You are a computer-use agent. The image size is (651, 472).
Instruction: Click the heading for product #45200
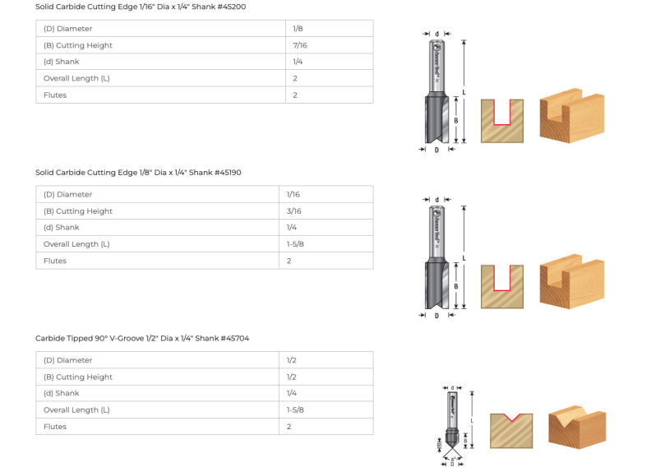pos(140,7)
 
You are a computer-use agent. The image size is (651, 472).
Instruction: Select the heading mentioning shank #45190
pos(138,173)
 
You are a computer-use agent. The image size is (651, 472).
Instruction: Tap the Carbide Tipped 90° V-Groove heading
pos(142,338)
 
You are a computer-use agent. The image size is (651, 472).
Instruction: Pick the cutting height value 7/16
pos(299,45)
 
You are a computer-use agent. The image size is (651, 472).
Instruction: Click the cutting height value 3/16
pos(293,211)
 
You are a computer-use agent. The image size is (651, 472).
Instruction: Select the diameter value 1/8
pos(298,29)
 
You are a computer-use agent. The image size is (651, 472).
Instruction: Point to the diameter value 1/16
pos(293,195)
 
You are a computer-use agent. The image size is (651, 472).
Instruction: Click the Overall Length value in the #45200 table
pos(295,78)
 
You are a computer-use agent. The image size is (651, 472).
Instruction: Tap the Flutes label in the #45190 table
pos(55,261)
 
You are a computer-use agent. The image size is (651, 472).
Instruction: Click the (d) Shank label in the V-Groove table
pos(62,393)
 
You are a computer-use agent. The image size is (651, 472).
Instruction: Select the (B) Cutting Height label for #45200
pos(78,45)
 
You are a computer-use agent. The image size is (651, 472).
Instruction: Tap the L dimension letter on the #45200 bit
pos(464,93)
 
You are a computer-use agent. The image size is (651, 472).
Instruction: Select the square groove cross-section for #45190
pos(501,286)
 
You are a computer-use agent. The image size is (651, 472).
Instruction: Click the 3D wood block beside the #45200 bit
pos(571,118)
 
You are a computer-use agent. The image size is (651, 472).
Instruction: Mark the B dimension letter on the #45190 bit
pos(455,286)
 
